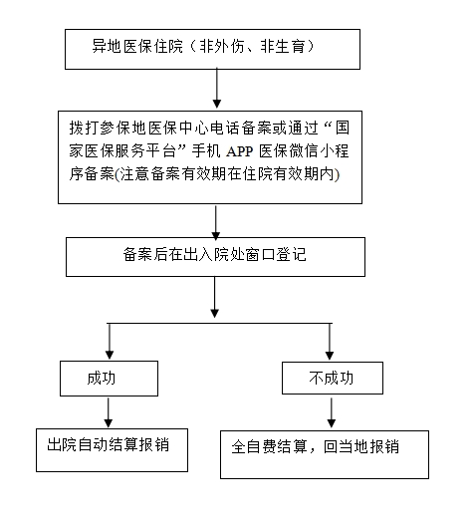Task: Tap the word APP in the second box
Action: pos(240,151)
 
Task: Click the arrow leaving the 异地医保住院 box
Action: pos(217,89)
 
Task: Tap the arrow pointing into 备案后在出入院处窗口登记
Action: pos(216,222)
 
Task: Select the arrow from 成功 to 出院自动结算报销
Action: pos(109,412)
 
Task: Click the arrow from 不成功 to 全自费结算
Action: pos(332,412)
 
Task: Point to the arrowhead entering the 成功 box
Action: pos(110,355)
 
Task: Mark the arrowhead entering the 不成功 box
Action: pos(330,356)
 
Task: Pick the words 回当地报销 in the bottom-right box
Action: pos(361,447)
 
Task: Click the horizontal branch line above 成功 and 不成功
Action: pos(219,323)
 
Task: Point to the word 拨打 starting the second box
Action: pos(84,128)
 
